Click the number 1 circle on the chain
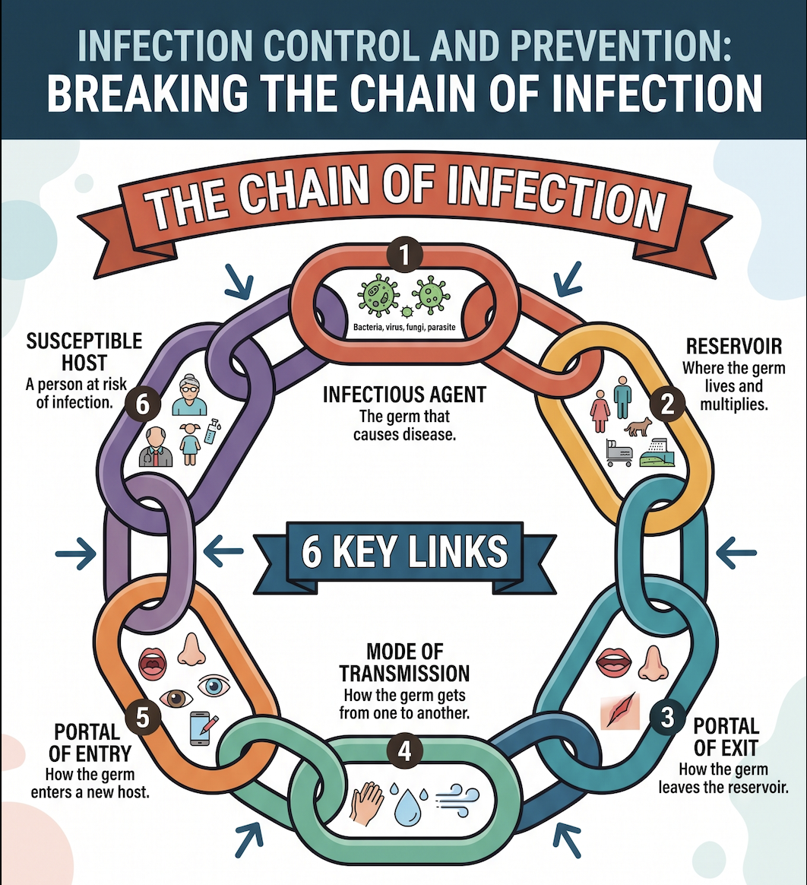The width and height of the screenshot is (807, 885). click(404, 255)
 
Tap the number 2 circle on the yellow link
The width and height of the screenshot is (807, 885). click(668, 404)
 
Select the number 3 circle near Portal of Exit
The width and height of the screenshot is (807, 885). click(667, 718)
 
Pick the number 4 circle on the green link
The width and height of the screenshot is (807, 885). click(405, 751)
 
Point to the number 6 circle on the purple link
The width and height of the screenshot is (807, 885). click(143, 404)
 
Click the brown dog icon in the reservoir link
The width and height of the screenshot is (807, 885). click(638, 426)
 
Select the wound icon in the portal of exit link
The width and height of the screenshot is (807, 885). click(620, 711)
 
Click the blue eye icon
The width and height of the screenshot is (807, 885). click(214, 685)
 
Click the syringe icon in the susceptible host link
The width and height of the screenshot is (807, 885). click(213, 431)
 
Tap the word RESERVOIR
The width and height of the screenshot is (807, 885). click(734, 346)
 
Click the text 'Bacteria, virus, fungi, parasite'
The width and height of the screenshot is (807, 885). click(404, 327)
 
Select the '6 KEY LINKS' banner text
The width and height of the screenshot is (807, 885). click(404, 552)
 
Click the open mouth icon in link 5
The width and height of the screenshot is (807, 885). click(152, 664)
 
